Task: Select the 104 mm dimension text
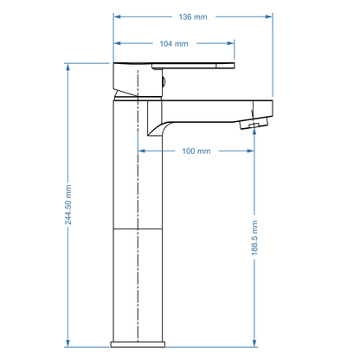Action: [174, 43]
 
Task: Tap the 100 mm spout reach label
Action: [196, 151]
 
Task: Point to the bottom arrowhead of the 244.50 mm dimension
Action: [67, 344]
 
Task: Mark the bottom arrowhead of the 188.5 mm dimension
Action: [254, 344]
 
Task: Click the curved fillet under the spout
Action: [156, 129]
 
